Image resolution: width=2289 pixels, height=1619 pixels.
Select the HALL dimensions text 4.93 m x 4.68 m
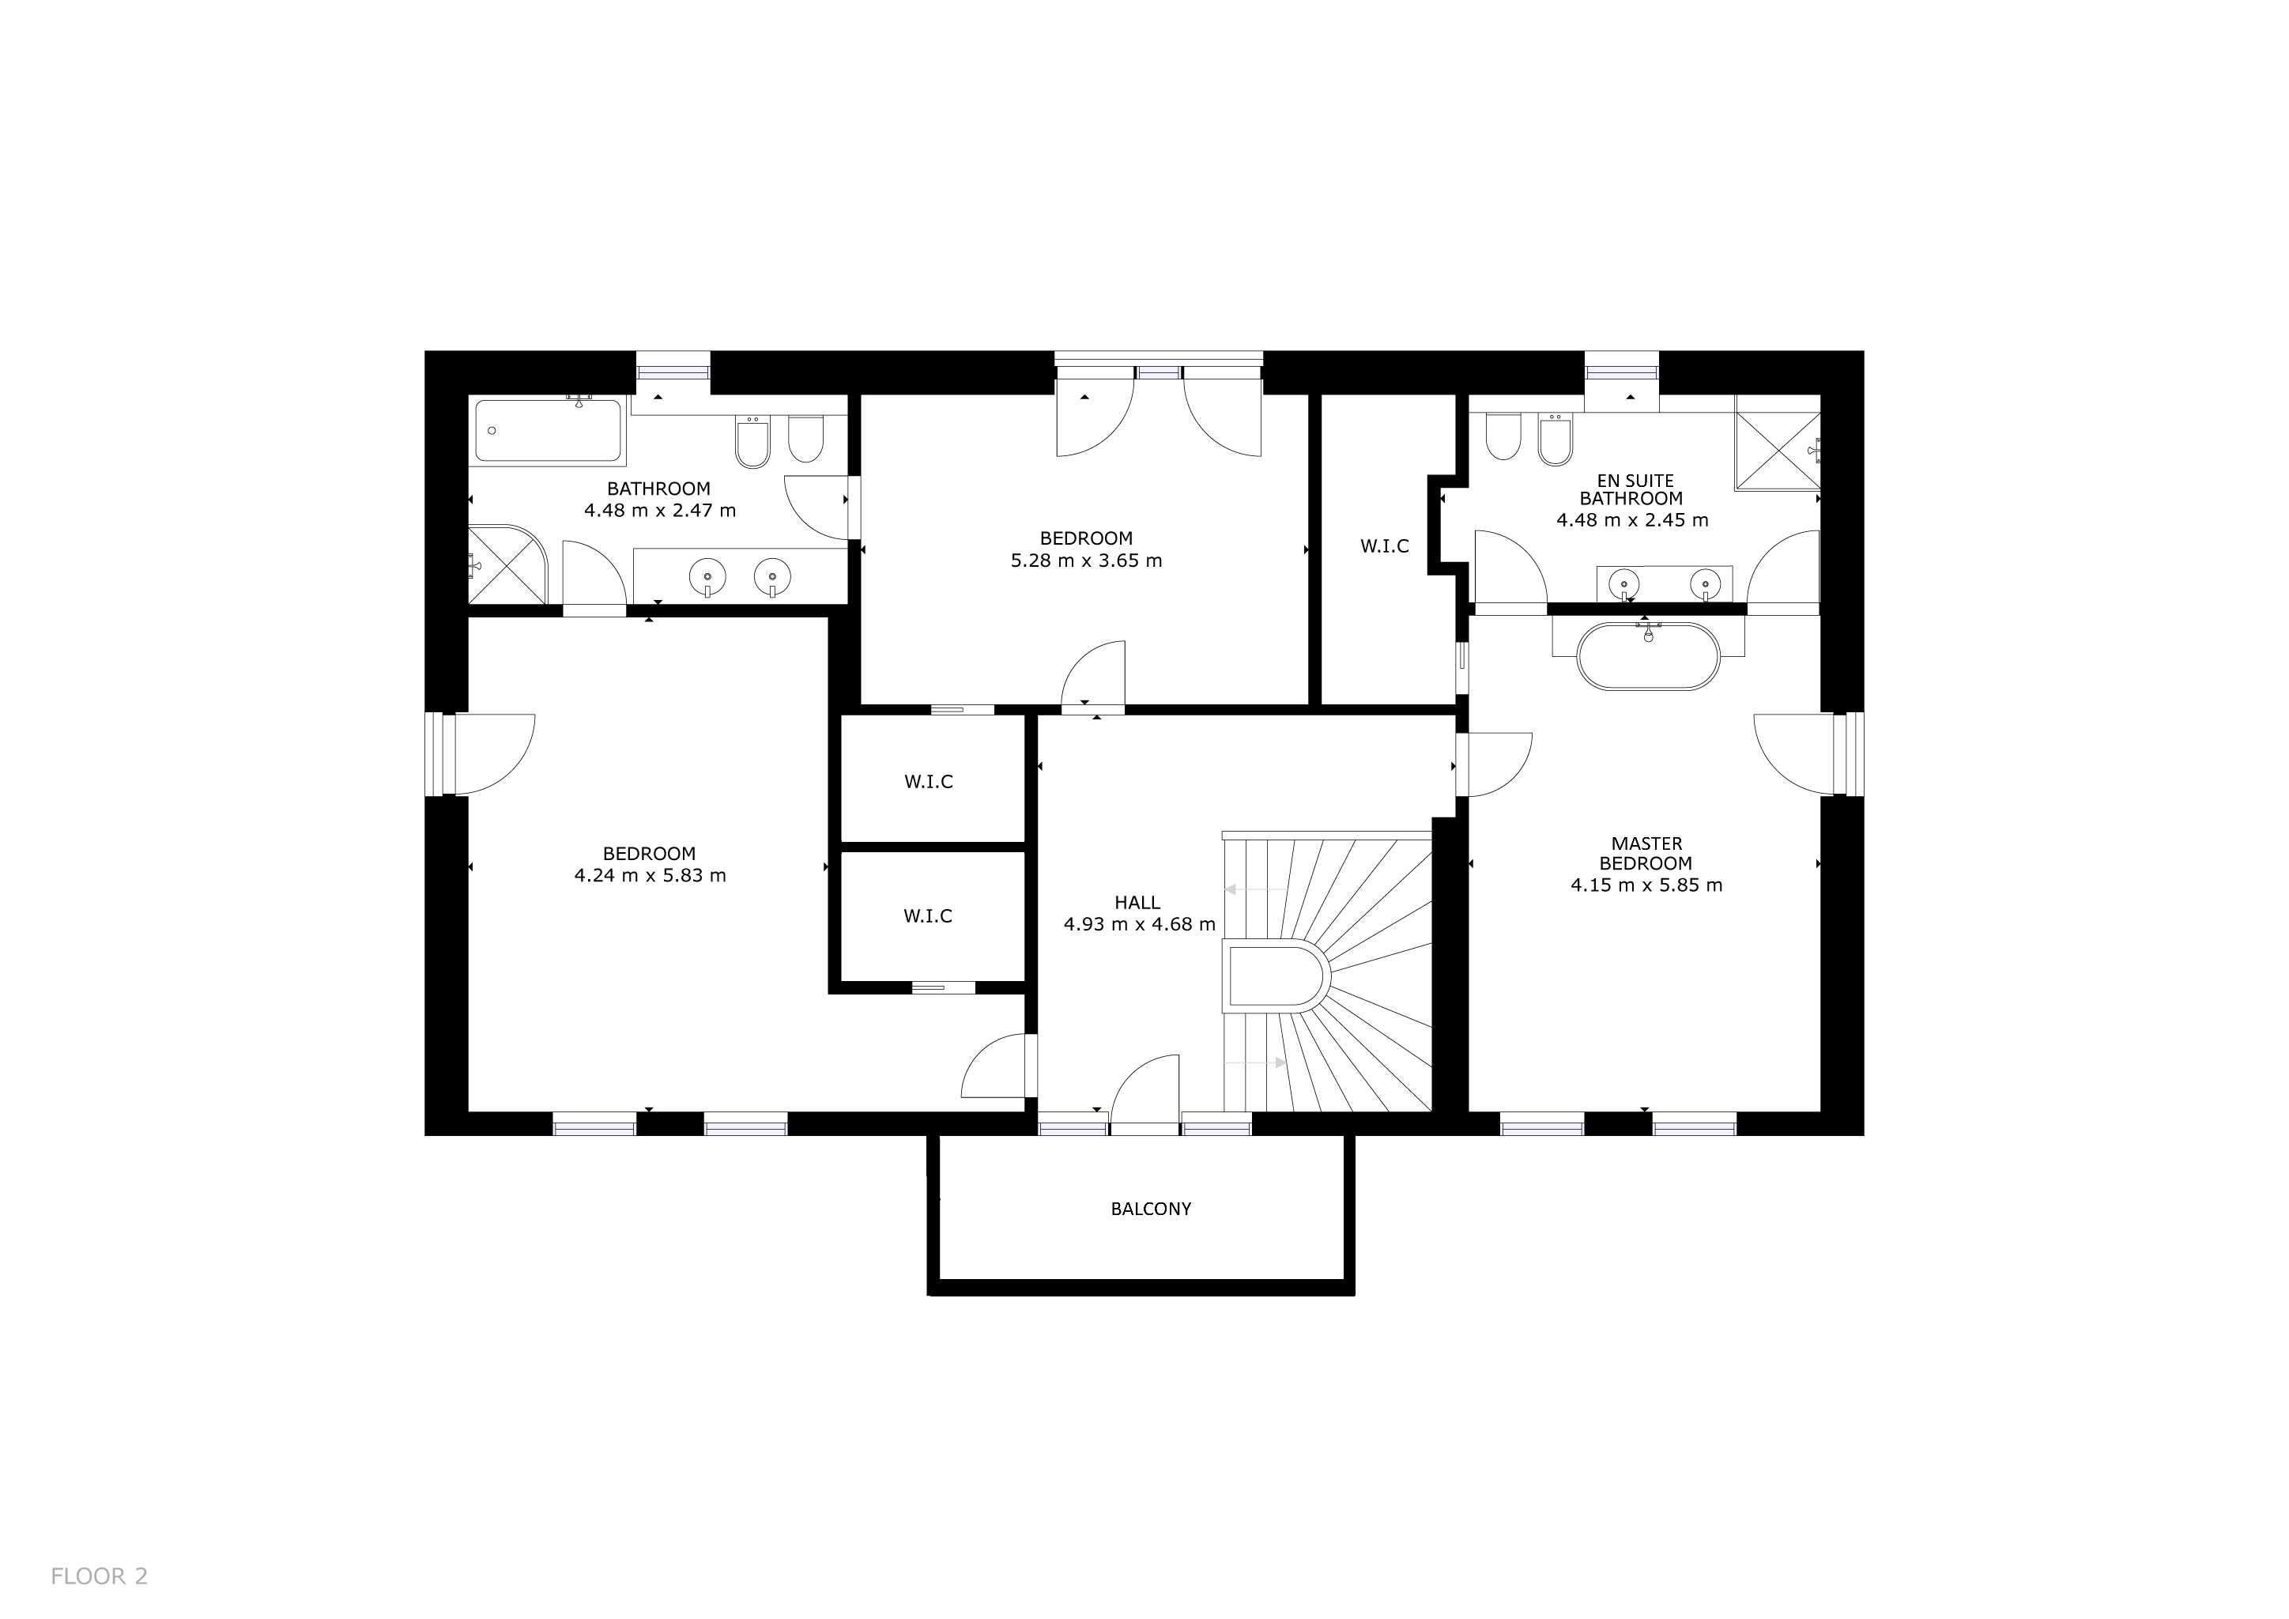(x=1140, y=924)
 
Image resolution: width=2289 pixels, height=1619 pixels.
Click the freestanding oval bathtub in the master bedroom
(x=1648, y=656)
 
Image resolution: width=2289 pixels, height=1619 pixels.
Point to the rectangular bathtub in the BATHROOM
(x=549, y=431)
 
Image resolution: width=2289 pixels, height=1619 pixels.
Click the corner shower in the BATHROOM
(x=508, y=564)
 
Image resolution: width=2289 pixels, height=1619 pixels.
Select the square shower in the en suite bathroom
(x=1778, y=451)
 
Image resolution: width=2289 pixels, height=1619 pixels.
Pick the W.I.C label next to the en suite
(x=1385, y=546)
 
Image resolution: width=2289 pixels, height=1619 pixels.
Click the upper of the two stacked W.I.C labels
(x=930, y=782)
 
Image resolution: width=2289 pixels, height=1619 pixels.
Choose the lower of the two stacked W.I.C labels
(x=928, y=916)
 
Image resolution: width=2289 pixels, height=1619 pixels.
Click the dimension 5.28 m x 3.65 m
(x=1087, y=560)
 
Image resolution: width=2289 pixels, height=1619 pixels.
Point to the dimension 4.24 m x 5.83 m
(x=650, y=875)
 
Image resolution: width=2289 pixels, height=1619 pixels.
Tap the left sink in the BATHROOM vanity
(x=707, y=576)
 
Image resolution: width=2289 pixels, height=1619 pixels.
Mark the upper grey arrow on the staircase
(x=1254, y=889)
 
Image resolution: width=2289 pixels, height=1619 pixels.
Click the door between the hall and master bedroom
(x=1493, y=764)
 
